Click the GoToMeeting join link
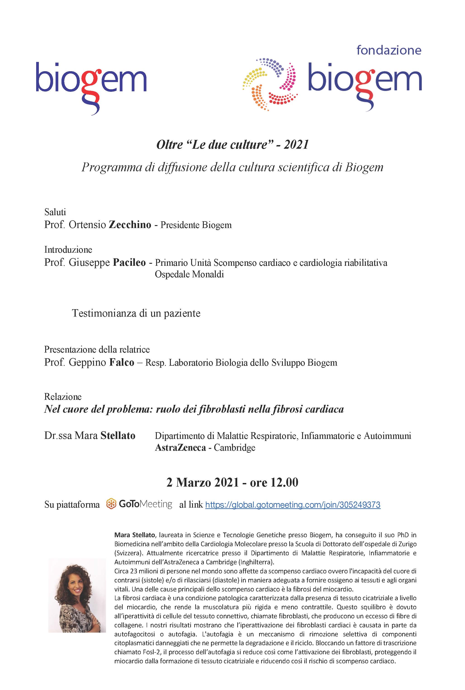tap(293, 505)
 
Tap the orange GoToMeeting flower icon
tap(111, 504)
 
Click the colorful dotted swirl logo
tap(270, 85)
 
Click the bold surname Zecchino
tap(130, 225)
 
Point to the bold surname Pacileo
tap(129, 263)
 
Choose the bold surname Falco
tap(122, 363)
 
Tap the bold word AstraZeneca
tap(180, 447)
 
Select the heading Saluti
tap(55, 212)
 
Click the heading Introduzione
tap(68, 250)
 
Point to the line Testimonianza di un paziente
tap(136, 313)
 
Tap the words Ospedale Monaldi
tap(189, 274)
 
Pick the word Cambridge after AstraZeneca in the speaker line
tap(235, 447)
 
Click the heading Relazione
tap(63, 397)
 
